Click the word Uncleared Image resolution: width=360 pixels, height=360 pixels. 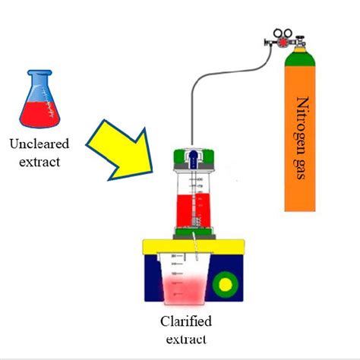39,143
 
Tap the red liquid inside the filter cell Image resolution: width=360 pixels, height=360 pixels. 193,209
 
